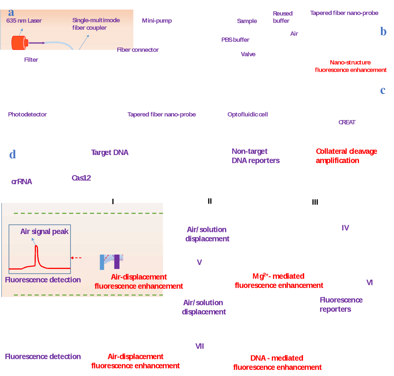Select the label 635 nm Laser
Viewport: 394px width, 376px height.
24,21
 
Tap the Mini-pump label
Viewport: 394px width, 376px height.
157,21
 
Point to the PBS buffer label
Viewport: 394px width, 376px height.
235,40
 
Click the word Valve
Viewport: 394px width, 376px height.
248,54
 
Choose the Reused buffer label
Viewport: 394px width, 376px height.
283,17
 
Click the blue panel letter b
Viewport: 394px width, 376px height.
383,32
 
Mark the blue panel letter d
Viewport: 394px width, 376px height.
12,154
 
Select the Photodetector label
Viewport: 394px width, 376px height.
27,114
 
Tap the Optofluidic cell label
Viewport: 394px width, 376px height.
248,114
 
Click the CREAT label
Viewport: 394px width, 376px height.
347,122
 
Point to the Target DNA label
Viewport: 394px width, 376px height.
110,152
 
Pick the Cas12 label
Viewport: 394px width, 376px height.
81,178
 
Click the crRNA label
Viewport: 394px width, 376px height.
22,182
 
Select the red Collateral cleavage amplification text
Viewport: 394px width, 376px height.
346,156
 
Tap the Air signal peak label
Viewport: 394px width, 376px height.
44,231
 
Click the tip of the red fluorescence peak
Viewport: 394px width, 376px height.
36,246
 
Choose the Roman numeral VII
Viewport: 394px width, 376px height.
199,346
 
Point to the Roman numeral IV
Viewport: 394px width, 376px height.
345,228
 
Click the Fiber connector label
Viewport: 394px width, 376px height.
138,50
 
